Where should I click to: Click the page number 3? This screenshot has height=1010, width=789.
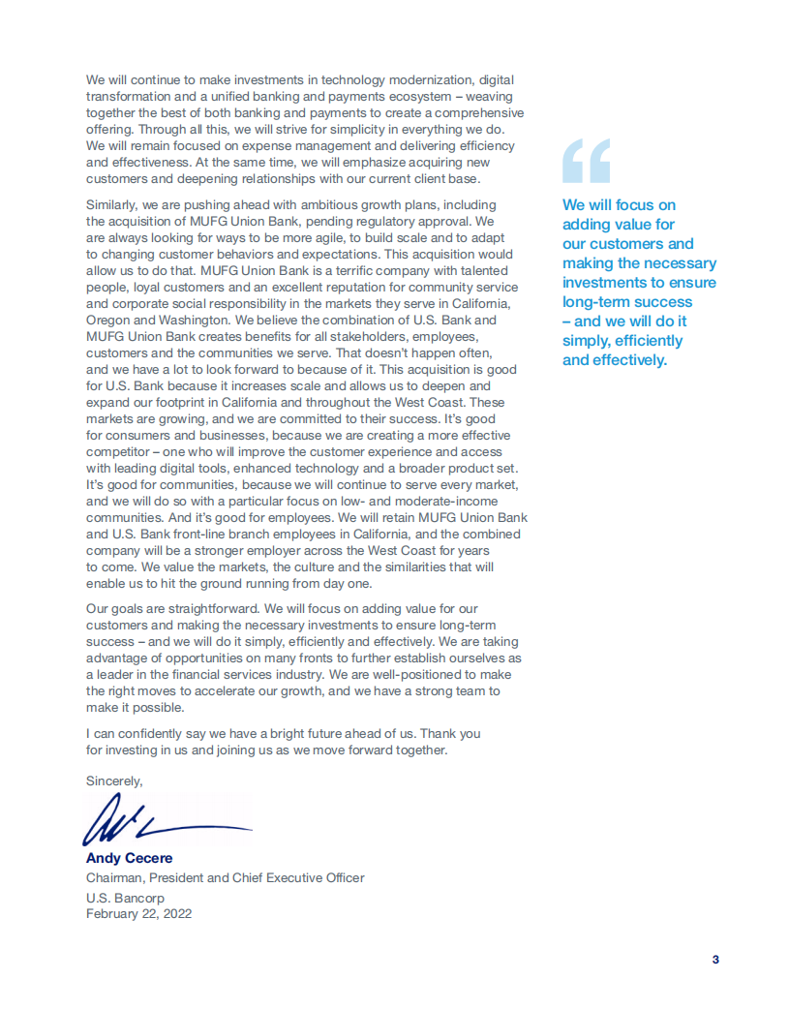(715, 960)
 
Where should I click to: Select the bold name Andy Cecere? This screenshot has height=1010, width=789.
(129, 858)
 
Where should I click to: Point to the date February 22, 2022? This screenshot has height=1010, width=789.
(138, 913)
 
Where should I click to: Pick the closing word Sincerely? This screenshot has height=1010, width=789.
(114, 780)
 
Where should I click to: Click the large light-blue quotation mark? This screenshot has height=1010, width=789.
(587, 161)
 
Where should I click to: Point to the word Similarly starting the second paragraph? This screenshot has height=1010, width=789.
(113, 204)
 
